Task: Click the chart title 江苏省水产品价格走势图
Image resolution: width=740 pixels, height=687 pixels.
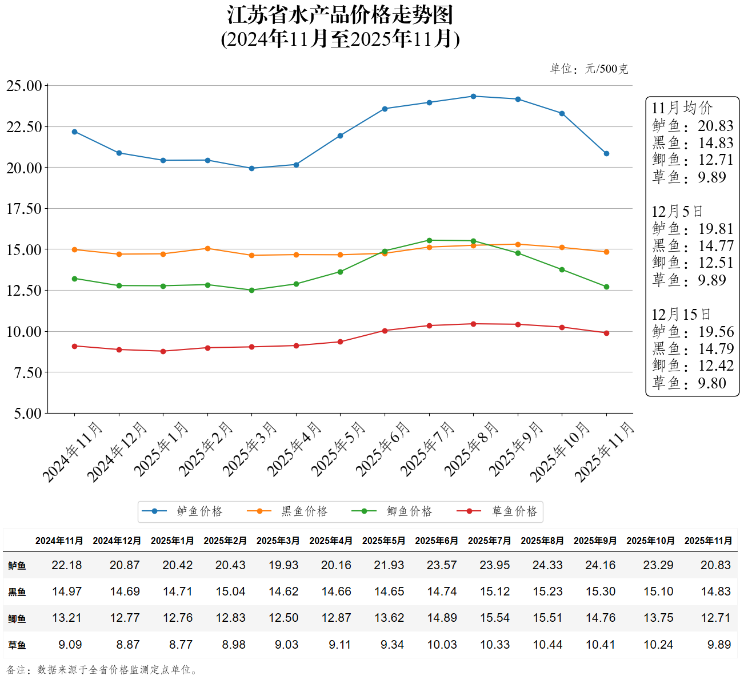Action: pos(340,15)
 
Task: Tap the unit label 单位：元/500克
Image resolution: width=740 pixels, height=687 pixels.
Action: pos(589,69)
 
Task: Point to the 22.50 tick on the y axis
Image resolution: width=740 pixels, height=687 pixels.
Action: pos(24,127)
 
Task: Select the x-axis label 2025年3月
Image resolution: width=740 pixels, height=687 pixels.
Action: pos(249,449)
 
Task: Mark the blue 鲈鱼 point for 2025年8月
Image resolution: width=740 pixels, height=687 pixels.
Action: pos(473,96)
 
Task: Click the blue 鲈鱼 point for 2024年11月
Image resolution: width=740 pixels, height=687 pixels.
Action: pos(74,132)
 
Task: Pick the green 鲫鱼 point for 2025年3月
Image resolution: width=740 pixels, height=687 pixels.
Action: pos(251,290)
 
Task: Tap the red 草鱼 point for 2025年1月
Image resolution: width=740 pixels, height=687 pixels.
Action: pos(163,351)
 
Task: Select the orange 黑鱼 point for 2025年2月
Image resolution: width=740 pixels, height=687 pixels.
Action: pos(207,248)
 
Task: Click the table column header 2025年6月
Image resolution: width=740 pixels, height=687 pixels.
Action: pos(437,541)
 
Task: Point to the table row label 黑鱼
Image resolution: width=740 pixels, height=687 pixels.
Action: pos(17,592)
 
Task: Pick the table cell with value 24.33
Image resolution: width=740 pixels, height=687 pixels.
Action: pos(547,565)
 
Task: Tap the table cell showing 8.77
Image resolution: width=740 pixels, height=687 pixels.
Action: pos(181,645)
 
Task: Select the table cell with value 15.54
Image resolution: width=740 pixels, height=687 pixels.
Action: pos(495,618)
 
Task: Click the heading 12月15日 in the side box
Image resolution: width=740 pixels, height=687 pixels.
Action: pos(681,315)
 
